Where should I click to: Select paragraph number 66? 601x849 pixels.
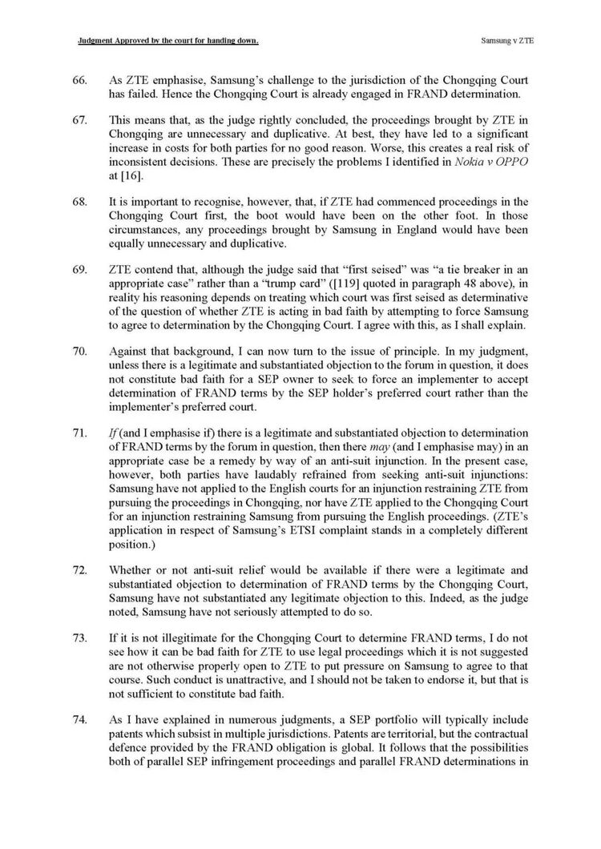click(79, 82)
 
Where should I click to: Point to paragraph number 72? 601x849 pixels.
click(79, 569)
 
